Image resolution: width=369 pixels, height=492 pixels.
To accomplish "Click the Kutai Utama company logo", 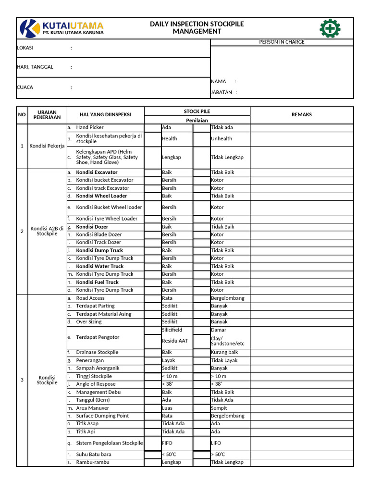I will tap(61, 29).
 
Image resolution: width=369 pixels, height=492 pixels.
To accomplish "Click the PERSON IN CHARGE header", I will tap(282, 42).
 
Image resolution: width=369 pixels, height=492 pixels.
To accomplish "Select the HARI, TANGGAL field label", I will tap(35, 67).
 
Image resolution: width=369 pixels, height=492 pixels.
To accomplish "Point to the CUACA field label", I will tap(25, 87).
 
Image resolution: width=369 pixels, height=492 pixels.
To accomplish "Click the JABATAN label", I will tap(221, 92).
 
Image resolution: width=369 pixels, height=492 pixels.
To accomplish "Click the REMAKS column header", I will tap(302, 114).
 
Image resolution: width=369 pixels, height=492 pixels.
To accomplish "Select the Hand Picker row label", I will tap(90, 127).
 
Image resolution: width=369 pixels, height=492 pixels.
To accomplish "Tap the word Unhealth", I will tap(221, 138).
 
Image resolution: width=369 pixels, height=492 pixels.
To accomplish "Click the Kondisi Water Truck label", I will tap(100, 266).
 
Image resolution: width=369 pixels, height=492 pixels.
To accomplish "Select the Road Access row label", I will tap(90, 298).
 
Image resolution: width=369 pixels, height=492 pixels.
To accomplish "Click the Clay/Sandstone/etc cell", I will tap(228, 341).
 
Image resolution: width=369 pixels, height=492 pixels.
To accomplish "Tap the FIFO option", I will tap(167, 443).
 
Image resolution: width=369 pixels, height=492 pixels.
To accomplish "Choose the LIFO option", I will tap(216, 443).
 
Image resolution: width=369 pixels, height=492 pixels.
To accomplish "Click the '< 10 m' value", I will tap(171, 376).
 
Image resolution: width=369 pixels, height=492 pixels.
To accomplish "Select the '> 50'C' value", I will tap(218, 454).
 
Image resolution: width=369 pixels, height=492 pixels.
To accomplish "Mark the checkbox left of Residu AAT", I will tap(152, 341).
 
